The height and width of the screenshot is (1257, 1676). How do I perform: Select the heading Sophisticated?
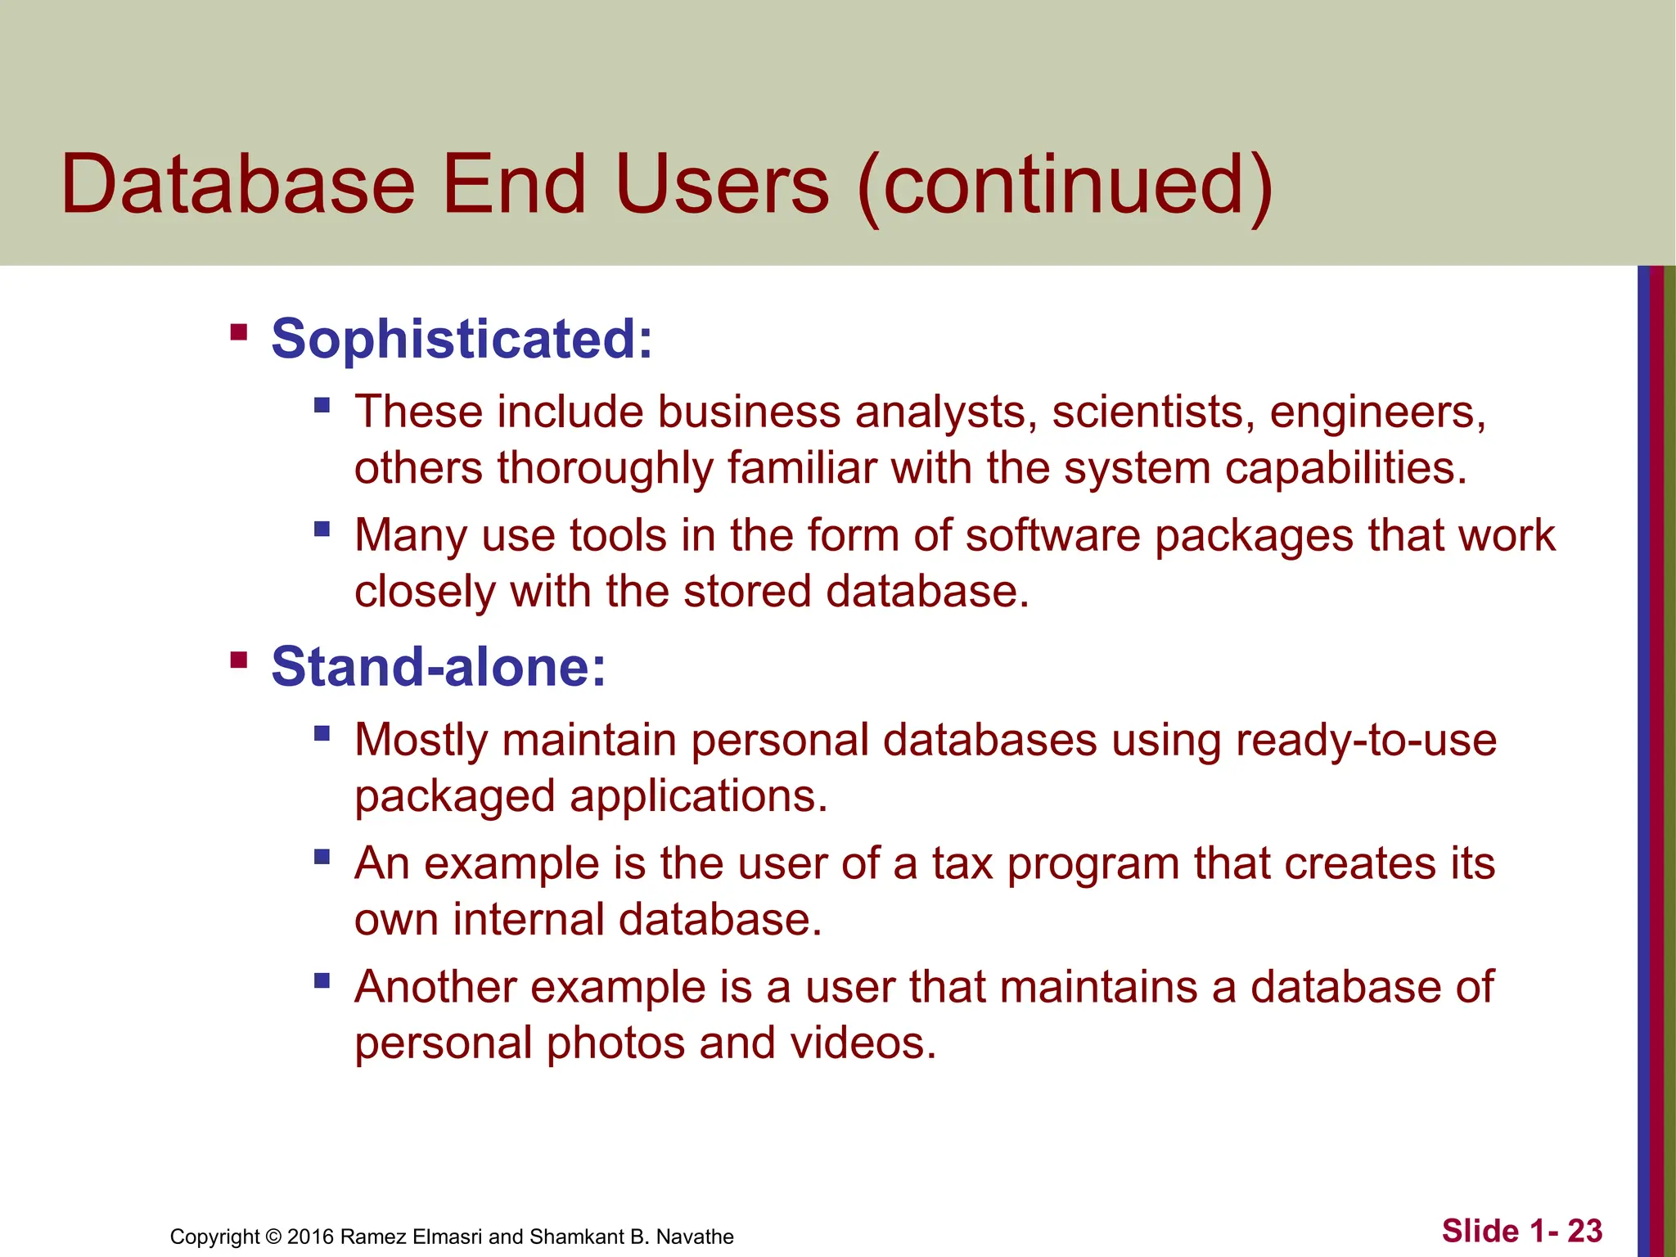click(462, 339)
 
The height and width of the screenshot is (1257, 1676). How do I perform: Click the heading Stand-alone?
click(439, 666)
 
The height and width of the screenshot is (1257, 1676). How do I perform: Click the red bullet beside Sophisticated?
click(239, 332)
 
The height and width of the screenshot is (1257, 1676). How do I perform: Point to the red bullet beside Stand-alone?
click(239, 660)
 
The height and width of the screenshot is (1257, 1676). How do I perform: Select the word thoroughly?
click(606, 469)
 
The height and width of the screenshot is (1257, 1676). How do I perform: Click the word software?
click(1052, 536)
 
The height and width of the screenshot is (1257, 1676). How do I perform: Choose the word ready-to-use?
click(1366, 741)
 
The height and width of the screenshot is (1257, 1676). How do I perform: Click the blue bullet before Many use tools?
click(322, 529)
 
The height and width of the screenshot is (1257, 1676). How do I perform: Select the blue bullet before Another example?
click(322, 980)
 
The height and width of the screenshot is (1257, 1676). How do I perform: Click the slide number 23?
click(1584, 1231)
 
